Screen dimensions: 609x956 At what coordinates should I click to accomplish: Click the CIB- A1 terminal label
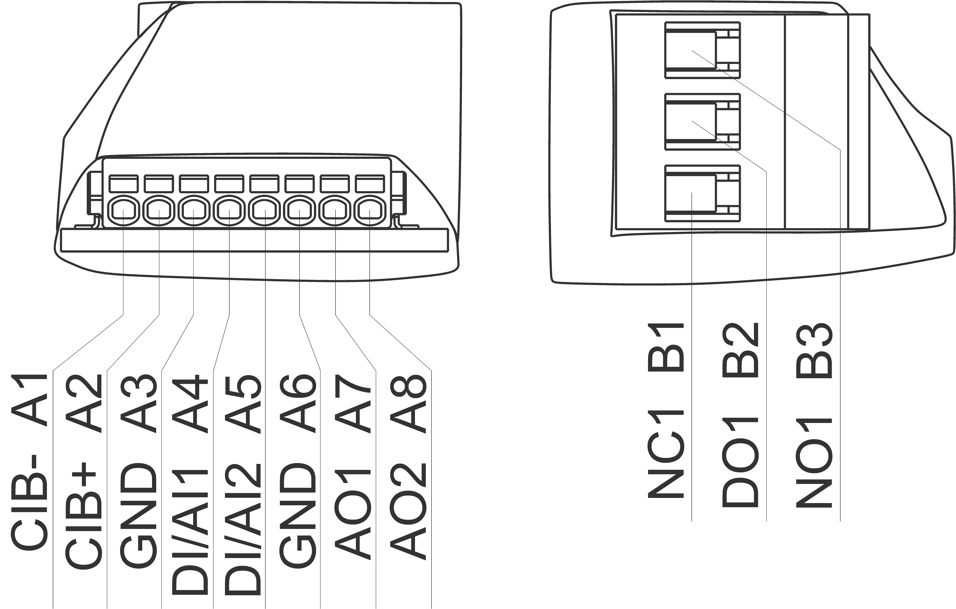pyautogui.click(x=30, y=461)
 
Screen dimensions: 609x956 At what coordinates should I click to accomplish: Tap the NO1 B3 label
pyautogui.click(x=814, y=413)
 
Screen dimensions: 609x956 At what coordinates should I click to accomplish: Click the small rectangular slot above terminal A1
pyautogui.click(x=123, y=184)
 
